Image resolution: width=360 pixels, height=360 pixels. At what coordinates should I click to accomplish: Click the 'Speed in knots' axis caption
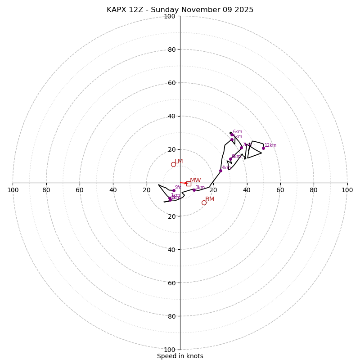click(x=180, y=356)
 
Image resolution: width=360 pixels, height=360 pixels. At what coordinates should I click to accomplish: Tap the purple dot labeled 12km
click(x=263, y=148)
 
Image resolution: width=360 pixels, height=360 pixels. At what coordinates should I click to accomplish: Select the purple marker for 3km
click(x=194, y=190)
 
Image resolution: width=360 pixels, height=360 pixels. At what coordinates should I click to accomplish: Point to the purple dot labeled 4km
click(x=220, y=171)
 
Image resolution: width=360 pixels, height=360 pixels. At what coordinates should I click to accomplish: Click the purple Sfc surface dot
click(x=174, y=190)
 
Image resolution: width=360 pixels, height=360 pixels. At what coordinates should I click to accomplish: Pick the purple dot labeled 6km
click(x=232, y=135)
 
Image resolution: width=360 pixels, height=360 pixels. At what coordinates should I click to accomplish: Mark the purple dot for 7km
click(x=241, y=148)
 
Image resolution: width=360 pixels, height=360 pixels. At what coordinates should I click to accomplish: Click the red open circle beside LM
click(x=173, y=164)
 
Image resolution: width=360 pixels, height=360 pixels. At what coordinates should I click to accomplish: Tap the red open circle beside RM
click(x=204, y=202)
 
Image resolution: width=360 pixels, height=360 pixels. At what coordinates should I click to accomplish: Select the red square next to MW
click(x=189, y=184)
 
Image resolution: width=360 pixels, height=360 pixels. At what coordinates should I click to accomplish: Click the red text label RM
click(x=210, y=199)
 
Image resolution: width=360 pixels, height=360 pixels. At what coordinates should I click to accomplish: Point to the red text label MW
click(x=195, y=180)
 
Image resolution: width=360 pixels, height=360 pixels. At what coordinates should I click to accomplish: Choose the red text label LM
click(x=179, y=162)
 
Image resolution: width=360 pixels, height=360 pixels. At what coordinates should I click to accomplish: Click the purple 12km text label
click(x=270, y=145)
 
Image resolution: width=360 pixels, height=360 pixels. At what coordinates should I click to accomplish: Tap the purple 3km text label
click(x=200, y=188)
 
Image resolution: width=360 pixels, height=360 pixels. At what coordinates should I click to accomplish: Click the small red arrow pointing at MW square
click(x=184, y=183)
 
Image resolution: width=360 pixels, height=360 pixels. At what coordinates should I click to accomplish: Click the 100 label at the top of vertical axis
click(x=170, y=17)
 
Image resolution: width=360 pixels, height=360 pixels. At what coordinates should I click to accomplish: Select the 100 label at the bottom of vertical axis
click(x=170, y=350)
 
